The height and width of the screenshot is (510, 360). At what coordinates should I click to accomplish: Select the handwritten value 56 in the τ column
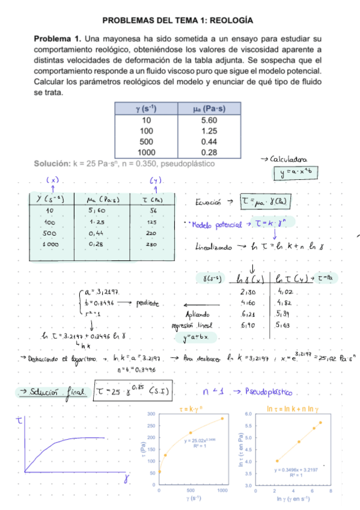(x=153, y=211)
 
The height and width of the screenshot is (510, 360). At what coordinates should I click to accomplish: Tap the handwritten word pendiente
(x=147, y=303)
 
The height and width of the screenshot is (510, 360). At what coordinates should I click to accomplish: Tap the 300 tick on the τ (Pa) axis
(x=151, y=398)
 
